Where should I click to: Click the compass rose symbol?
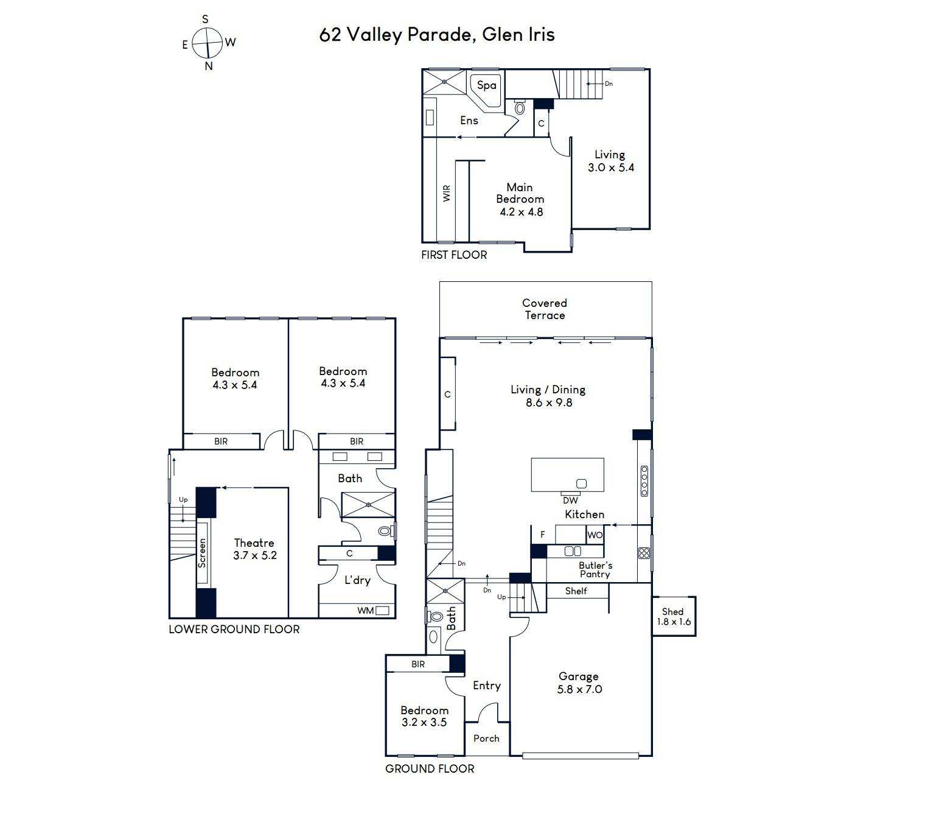(x=207, y=43)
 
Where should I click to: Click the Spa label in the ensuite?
(x=486, y=85)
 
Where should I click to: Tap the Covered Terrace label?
(x=544, y=309)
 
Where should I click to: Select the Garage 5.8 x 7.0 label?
(x=579, y=683)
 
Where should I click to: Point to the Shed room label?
(x=674, y=616)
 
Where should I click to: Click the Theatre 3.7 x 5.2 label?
(x=254, y=549)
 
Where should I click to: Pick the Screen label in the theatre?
(x=202, y=553)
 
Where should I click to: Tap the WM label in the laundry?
(x=365, y=611)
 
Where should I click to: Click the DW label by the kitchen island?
(x=570, y=501)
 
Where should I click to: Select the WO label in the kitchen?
(x=595, y=535)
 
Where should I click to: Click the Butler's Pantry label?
(x=595, y=570)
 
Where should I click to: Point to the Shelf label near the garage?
(x=576, y=591)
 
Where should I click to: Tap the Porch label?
(x=486, y=739)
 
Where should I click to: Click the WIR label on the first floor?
(x=447, y=193)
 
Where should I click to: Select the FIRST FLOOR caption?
(x=454, y=255)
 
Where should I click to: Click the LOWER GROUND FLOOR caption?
(x=234, y=629)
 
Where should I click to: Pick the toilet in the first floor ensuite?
(x=520, y=107)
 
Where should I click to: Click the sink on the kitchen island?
(x=581, y=483)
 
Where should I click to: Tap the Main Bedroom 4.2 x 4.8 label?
(x=520, y=200)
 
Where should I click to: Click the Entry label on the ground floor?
(x=487, y=686)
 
